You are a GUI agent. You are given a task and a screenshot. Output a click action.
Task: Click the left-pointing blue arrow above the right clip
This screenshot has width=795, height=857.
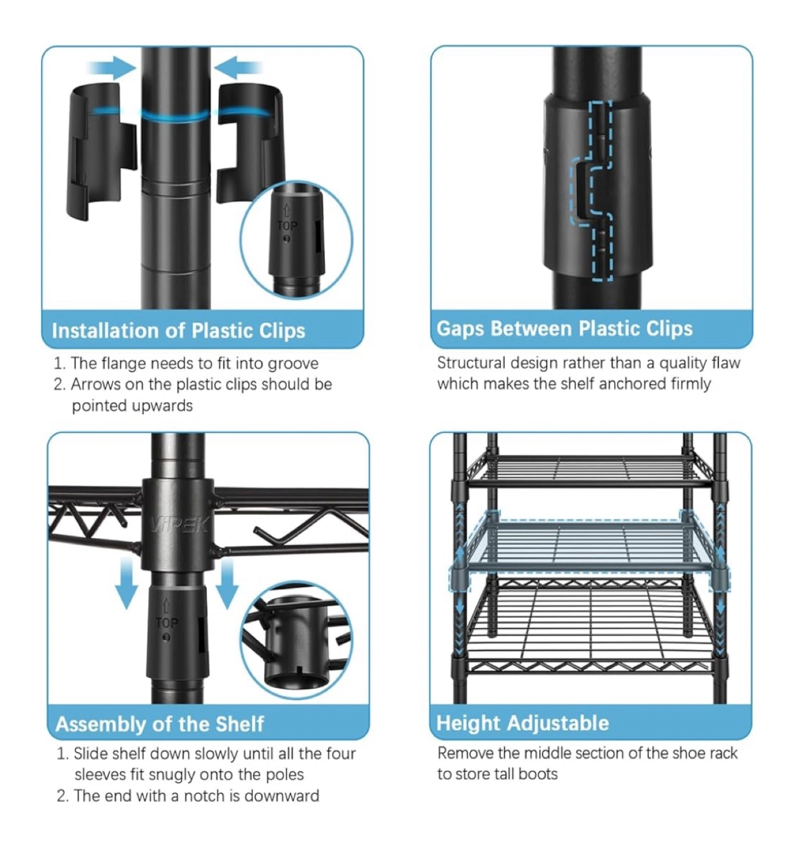(x=238, y=67)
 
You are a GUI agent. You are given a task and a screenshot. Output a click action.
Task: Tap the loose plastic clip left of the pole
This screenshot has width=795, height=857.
(x=101, y=151)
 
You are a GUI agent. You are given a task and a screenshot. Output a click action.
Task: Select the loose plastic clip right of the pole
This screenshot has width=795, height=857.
(x=249, y=142)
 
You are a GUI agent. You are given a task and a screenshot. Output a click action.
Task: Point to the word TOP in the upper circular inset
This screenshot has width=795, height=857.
(x=287, y=226)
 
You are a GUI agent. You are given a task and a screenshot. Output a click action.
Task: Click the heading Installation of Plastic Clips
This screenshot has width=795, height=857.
(x=179, y=331)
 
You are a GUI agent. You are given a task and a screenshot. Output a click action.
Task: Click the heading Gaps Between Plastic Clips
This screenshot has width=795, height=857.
(x=565, y=329)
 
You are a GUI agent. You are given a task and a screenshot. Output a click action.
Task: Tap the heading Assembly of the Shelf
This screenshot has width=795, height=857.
(x=159, y=724)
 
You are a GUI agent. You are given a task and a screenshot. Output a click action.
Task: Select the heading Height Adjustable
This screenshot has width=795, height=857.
(x=522, y=723)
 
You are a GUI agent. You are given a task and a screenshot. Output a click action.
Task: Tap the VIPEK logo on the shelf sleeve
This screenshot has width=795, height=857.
(x=179, y=524)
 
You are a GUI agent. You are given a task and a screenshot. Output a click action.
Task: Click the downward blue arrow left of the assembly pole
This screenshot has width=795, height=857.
(x=127, y=584)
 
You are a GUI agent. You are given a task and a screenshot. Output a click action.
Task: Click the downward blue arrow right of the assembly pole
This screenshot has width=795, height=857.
(x=227, y=584)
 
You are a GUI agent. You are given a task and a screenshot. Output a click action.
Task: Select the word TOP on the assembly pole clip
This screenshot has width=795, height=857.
(x=167, y=623)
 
